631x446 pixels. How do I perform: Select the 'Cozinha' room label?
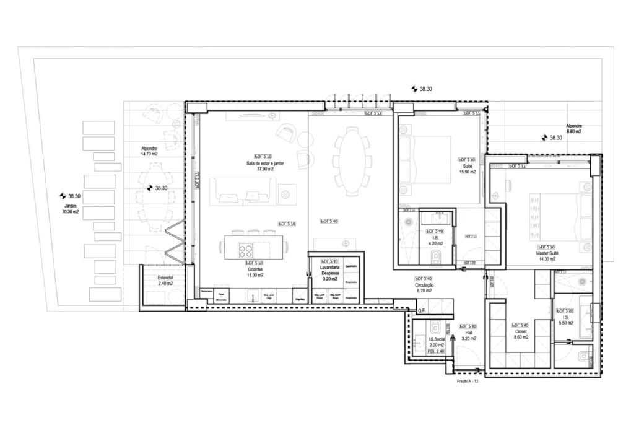tap(255, 272)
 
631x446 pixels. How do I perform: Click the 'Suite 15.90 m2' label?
tap(468, 169)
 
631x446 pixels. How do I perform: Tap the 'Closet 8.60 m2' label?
tap(520, 334)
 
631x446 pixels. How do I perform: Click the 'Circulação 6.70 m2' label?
tap(424, 287)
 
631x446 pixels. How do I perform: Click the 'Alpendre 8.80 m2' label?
tap(573, 129)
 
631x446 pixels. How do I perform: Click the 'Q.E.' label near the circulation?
tap(423, 310)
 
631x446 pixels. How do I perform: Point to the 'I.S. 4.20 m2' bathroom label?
tap(435, 240)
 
